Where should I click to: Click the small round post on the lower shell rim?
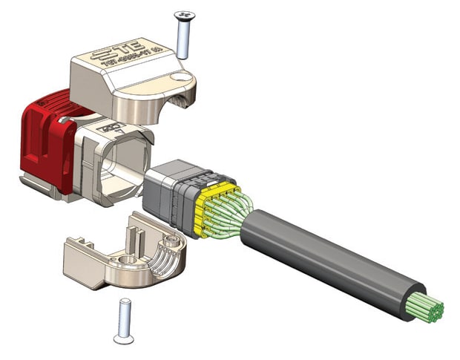(x=173, y=240)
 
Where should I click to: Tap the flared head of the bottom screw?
(x=123, y=338)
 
